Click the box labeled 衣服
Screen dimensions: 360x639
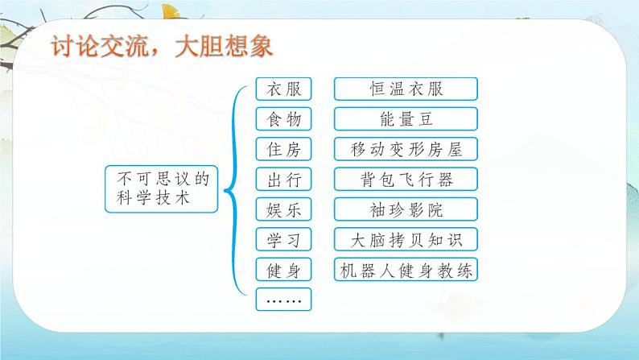pos(282,89)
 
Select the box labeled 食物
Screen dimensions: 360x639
pos(282,119)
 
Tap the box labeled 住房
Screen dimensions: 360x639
pos(282,149)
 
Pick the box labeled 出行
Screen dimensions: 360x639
pos(282,179)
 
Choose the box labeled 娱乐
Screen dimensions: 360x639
pos(282,209)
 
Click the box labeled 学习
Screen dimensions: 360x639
pos(282,239)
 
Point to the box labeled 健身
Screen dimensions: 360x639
pos(282,269)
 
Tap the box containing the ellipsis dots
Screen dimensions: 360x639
pos(282,300)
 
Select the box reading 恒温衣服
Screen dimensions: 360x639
pos(406,89)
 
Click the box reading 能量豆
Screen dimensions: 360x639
pos(406,119)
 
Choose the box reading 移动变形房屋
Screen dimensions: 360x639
pos(406,149)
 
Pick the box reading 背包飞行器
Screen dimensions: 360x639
pos(406,179)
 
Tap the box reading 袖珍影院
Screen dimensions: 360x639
pos(406,209)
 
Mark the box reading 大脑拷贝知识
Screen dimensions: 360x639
pos(406,239)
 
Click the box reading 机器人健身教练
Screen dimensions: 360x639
pos(406,269)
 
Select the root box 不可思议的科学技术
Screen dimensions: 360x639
pos(161,188)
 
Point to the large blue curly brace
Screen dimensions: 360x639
pos(233,188)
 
